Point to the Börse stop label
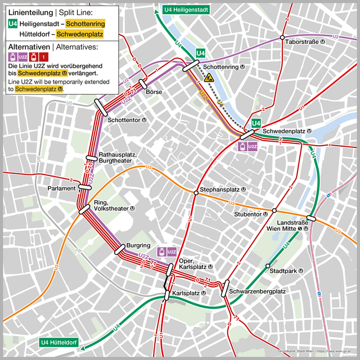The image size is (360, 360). pyautogui.click(x=154, y=92)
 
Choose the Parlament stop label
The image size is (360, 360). pyautogui.click(x=61, y=188)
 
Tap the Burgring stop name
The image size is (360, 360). pyautogui.click(x=138, y=246)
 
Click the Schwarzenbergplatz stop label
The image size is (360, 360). pyautogui.click(x=258, y=292)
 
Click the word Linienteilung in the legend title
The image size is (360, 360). pyautogui.click(x=30, y=12)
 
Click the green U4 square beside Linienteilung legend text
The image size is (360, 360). pyautogui.click(x=12, y=24)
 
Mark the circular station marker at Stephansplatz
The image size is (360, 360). pyautogui.click(x=196, y=192)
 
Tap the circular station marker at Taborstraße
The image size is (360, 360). pyautogui.click(x=282, y=38)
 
